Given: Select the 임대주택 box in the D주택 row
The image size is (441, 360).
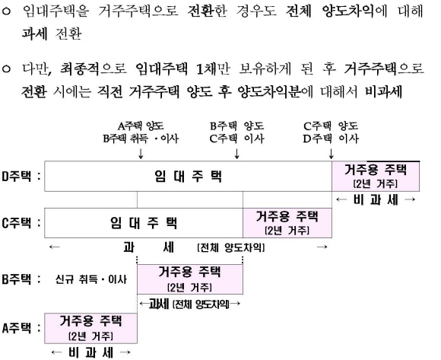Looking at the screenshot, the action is click(x=188, y=177).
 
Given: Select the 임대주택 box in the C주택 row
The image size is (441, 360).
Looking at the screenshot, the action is click(x=144, y=223).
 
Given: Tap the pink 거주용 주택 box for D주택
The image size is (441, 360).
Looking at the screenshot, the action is click(x=376, y=177).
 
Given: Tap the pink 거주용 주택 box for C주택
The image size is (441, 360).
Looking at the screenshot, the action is click(x=287, y=223).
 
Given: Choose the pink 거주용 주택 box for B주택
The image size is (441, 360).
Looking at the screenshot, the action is click(x=190, y=279).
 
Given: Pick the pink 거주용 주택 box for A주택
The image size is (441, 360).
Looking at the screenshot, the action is click(x=90, y=328).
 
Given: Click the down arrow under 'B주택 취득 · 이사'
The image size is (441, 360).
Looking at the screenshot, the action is click(x=141, y=153).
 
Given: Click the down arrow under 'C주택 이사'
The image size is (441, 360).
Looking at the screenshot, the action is click(x=236, y=153).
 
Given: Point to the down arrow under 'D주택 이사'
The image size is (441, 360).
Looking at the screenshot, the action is click(x=332, y=153).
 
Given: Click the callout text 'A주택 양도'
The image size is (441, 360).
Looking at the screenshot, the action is click(x=141, y=126).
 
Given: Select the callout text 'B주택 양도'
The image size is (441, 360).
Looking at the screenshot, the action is click(x=236, y=126).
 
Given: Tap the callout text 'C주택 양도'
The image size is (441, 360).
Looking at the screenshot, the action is click(x=331, y=126).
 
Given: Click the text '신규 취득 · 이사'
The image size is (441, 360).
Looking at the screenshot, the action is click(x=90, y=279).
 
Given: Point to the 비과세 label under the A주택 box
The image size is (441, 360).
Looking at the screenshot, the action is click(x=90, y=352).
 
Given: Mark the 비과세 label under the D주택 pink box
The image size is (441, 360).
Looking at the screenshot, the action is click(x=376, y=199).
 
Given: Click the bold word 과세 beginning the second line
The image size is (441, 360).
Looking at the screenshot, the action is click(x=34, y=33).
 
